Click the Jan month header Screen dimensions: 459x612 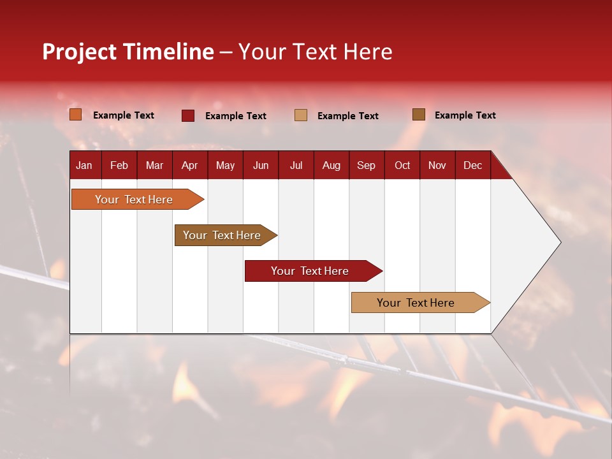coord(84,165)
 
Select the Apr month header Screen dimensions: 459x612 coord(189,165)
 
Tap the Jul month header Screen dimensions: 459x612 coord(296,165)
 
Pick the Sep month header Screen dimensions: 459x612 coord(366,165)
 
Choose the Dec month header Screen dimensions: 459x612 coord(472,165)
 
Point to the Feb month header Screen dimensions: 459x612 coord(119,165)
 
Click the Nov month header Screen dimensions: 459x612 coord(437,165)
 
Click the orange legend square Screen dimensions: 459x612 coord(76,115)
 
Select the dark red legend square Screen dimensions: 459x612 coord(188,115)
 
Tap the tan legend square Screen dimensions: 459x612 coord(301,115)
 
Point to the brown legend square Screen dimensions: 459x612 coord(419,115)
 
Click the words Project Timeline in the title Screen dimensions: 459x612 coord(128,52)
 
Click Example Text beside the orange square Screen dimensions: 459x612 coord(124,115)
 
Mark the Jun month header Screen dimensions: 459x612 coord(261,165)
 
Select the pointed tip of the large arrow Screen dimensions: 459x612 coord(558,242)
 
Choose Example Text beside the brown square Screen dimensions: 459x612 coord(465,115)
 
